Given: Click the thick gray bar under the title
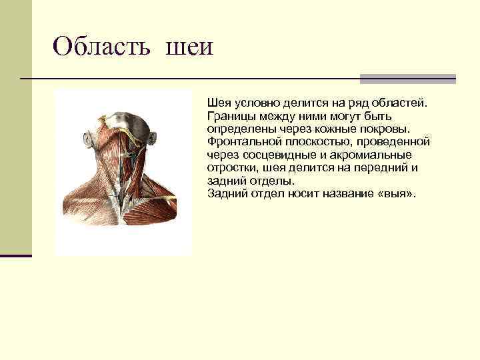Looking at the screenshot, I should tap(407, 79).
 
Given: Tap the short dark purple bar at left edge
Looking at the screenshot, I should tap(15, 255).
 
